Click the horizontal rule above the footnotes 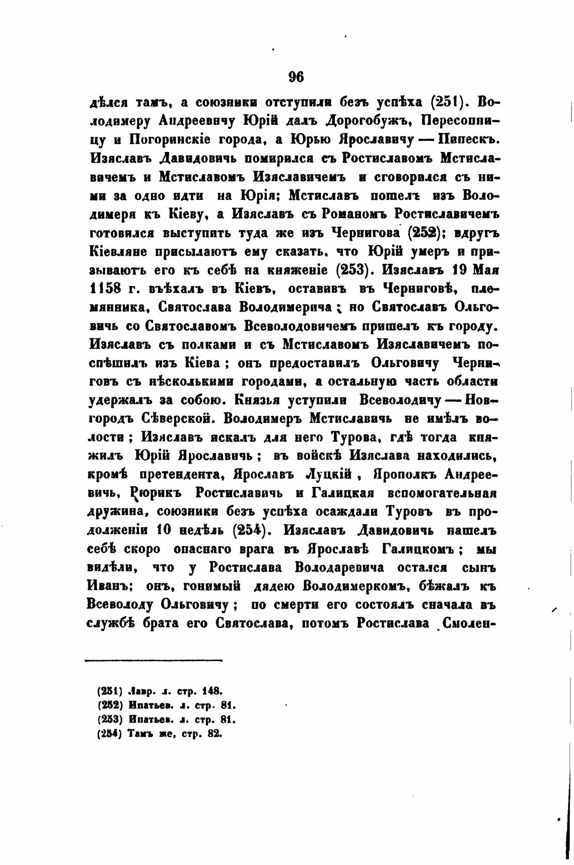pos(154,660)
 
